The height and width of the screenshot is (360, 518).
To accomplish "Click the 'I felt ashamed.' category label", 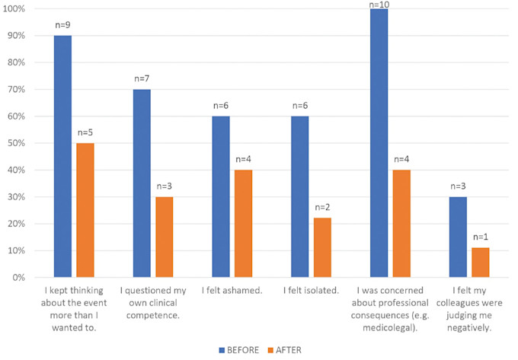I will click(232, 290).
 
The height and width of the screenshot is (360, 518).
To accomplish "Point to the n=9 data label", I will click(63, 25).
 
